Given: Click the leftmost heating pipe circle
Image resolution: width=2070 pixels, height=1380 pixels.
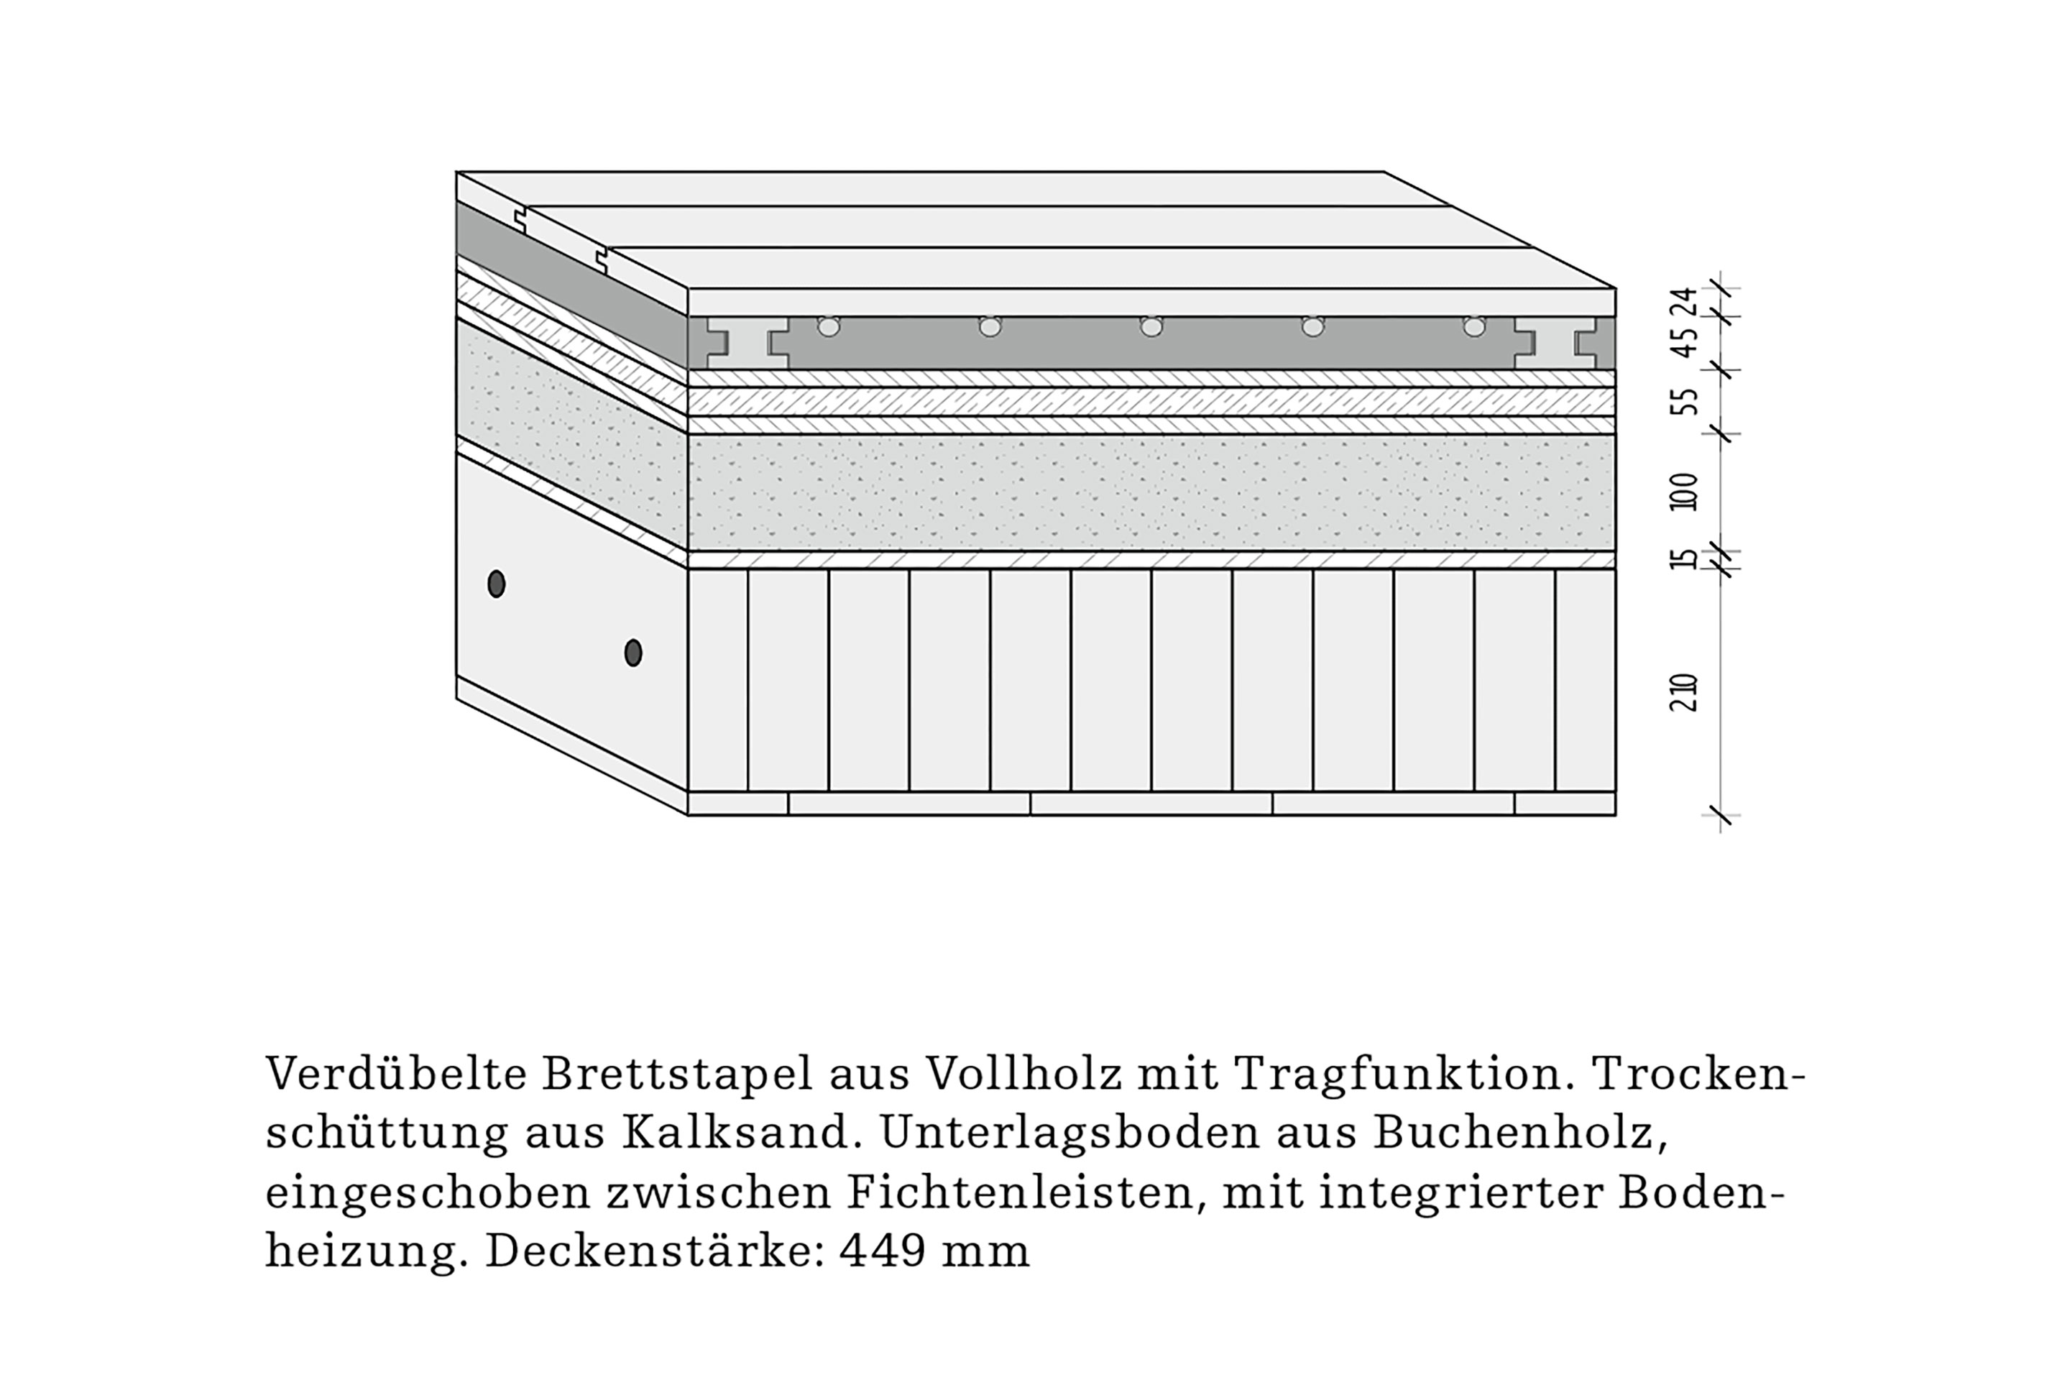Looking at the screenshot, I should point(828,326).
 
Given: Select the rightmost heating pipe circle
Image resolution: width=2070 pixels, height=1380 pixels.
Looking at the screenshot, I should point(1474,326).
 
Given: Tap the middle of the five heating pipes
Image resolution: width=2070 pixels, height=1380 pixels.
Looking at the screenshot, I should point(1151,326).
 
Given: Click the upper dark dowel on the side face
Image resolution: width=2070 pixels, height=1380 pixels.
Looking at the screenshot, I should point(497,584).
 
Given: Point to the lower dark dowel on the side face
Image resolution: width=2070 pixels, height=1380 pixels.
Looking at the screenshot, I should point(632,652).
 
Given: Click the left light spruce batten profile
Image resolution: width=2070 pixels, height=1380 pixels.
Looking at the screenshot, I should point(747,344).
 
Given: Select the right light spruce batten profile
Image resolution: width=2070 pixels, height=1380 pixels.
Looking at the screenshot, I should point(1555,344).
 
